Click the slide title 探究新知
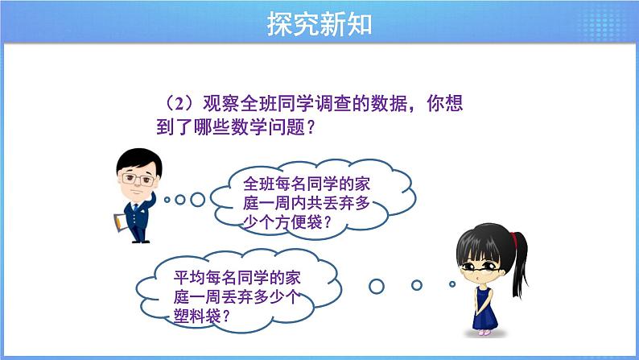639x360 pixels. (319, 24)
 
